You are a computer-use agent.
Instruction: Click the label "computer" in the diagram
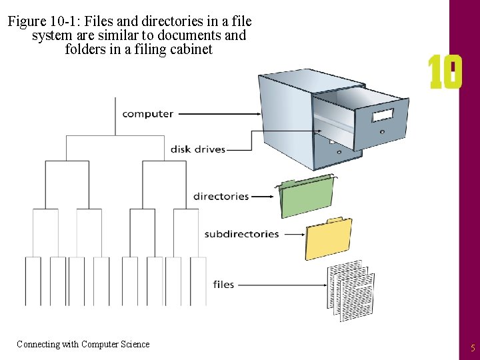tap(147, 114)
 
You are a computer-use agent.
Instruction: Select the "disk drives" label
tap(198, 149)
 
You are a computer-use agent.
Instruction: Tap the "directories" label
tap(221, 197)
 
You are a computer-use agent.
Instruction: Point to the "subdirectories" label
tap(241, 234)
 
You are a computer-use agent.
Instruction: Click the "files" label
tap(223, 285)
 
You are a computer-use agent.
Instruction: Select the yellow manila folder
tap(328, 239)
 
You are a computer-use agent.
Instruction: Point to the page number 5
tap(473, 347)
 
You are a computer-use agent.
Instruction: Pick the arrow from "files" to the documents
tap(280, 285)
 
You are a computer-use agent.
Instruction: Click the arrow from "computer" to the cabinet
tap(220, 114)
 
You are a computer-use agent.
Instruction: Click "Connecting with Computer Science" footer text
tap(83, 344)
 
